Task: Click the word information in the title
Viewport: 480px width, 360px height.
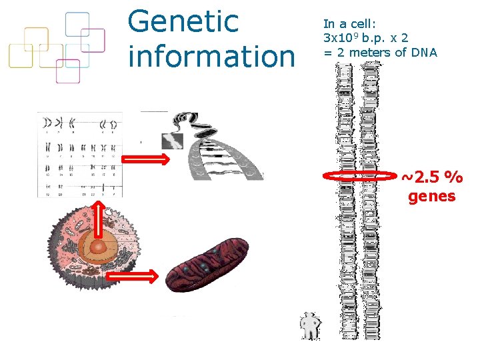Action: [211, 56]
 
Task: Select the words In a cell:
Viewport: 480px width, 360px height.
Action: [350, 23]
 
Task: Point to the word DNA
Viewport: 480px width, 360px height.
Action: [424, 53]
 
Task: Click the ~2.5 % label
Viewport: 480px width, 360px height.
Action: [431, 177]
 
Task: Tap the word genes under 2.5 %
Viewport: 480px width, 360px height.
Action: [431, 197]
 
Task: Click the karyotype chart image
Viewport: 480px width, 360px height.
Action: [80, 155]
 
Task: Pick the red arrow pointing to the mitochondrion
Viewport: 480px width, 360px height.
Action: [132, 275]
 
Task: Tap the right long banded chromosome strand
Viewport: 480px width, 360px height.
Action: [370, 200]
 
